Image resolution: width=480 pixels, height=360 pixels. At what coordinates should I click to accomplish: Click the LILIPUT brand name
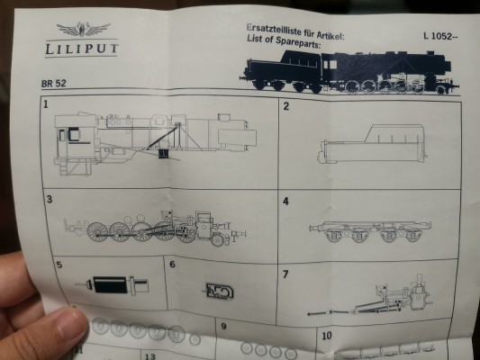tap(82, 49)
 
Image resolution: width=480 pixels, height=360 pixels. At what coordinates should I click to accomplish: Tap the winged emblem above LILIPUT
tap(83, 29)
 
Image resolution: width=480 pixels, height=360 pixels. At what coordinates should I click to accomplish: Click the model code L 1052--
tap(440, 36)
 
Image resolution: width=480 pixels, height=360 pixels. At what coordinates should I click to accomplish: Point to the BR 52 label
tap(53, 83)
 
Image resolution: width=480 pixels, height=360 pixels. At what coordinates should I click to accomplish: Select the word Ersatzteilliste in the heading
tap(274, 30)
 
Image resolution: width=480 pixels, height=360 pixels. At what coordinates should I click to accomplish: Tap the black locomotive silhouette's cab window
tap(330, 65)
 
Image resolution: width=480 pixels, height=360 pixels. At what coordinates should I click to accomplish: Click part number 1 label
tap(46, 104)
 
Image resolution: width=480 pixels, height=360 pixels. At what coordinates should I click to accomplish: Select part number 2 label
tap(285, 106)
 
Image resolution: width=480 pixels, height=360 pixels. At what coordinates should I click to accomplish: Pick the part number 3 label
tap(50, 200)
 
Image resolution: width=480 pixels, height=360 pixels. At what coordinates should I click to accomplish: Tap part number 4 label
tap(285, 202)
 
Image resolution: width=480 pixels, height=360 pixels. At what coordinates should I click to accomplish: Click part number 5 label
tap(59, 265)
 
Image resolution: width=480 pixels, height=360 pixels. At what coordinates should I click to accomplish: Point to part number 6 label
tap(172, 265)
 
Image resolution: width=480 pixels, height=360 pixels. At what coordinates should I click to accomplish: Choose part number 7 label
tap(285, 274)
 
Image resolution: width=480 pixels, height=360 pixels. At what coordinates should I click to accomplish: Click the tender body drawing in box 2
tap(372, 144)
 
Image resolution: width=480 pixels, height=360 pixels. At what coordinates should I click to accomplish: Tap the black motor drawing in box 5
tap(110, 284)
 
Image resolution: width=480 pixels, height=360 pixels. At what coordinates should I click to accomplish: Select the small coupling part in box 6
tap(219, 291)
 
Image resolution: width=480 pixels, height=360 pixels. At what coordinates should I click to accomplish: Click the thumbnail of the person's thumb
tap(69, 324)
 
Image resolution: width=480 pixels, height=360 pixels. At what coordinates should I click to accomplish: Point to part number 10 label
tap(327, 336)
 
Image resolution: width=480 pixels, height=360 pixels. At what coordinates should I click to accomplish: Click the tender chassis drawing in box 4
tap(370, 231)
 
